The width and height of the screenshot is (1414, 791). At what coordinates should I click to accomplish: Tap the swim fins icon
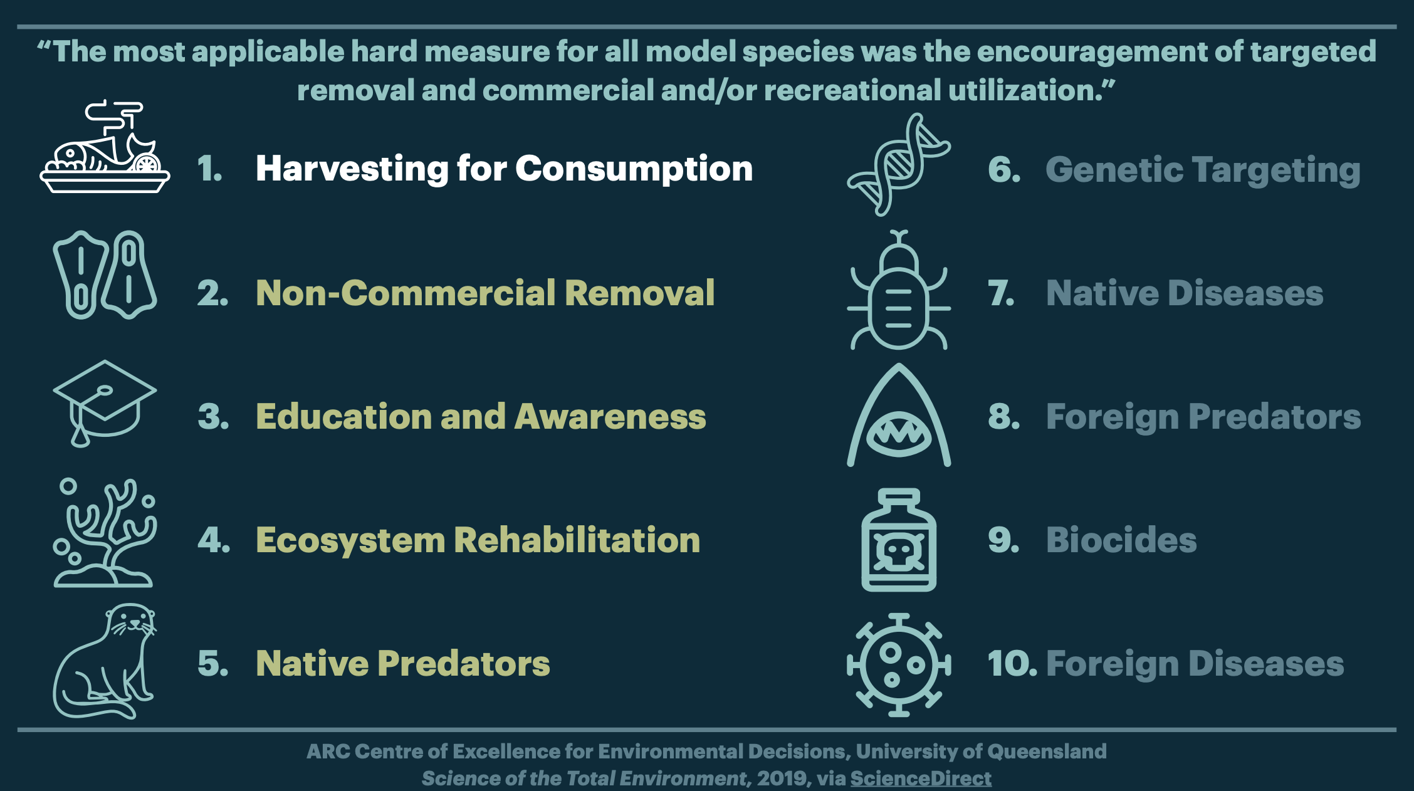(105, 275)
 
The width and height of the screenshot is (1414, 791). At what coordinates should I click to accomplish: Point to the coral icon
(105, 533)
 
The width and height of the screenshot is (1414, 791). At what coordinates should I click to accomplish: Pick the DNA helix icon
(899, 164)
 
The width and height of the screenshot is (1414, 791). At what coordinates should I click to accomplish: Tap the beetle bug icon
(899, 290)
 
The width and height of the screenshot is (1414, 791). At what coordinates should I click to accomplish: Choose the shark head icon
(899, 415)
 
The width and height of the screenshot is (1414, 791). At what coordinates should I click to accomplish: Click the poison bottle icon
(899, 540)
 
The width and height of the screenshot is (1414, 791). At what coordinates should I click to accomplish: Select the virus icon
(899, 665)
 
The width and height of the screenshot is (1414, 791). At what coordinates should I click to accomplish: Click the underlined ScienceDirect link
(921, 778)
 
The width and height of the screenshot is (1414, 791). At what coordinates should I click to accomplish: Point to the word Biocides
(1121, 540)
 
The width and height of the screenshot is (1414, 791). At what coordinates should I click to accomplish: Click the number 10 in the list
(1008, 664)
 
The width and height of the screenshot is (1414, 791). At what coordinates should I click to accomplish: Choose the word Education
(344, 417)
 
